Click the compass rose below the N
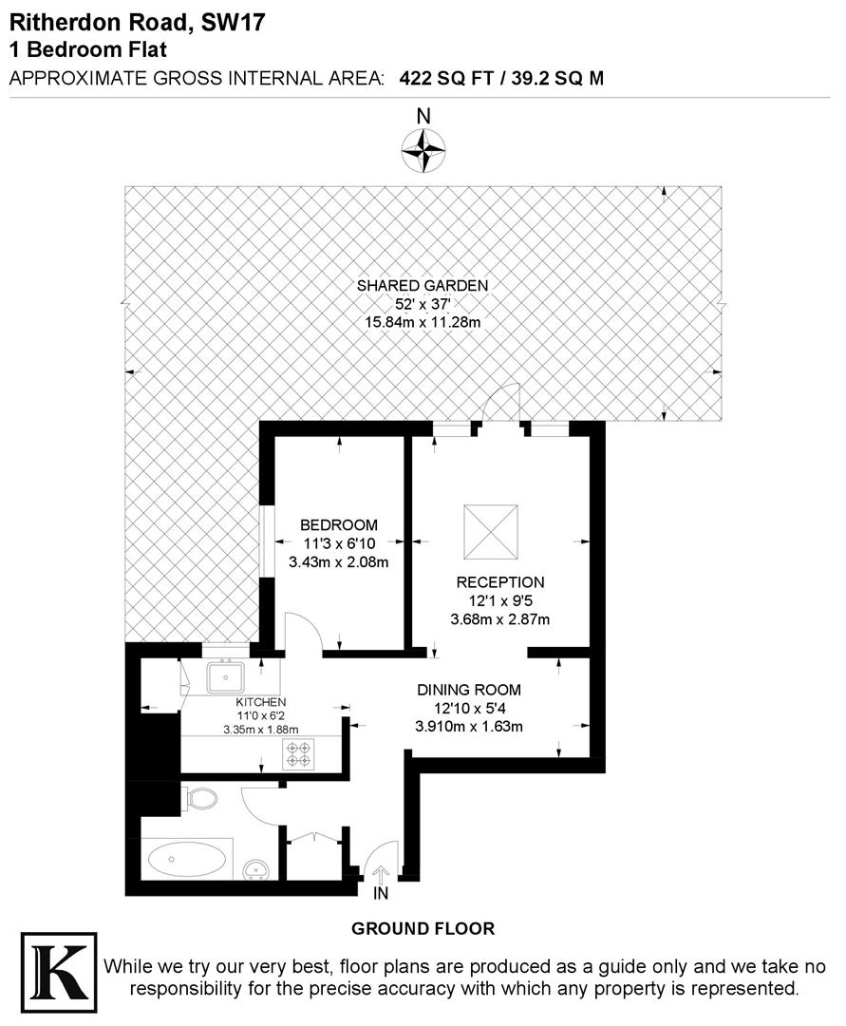[x=423, y=149]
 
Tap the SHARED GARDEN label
[x=423, y=285]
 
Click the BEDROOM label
[x=339, y=525]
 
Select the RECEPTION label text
[x=500, y=582]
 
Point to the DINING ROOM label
[x=470, y=690]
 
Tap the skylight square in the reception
[x=491, y=528]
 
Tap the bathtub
[x=186, y=861]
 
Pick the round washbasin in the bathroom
[x=257, y=869]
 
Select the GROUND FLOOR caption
[x=423, y=928]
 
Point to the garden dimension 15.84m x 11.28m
[x=423, y=323]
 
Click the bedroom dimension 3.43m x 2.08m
[x=339, y=562]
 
